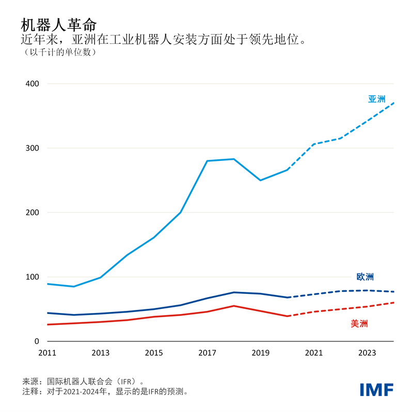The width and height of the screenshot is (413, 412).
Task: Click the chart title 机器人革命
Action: click(x=58, y=25)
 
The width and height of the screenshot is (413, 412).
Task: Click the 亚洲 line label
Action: click(x=376, y=99)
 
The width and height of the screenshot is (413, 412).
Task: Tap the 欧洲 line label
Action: click(x=365, y=277)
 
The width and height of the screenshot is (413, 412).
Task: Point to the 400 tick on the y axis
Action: click(x=32, y=84)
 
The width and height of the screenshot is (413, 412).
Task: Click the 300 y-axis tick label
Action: click(x=32, y=148)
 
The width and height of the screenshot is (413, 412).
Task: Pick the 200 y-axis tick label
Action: click(x=32, y=212)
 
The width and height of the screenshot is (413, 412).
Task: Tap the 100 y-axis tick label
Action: click(x=32, y=277)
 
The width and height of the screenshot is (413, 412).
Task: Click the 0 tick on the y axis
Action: click(x=37, y=341)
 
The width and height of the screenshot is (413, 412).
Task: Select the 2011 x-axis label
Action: click(x=47, y=353)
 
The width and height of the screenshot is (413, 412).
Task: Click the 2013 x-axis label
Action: click(x=100, y=353)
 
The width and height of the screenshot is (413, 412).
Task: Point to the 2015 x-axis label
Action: click(x=154, y=353)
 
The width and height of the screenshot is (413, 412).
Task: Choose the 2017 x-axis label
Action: click(x=207, y=353)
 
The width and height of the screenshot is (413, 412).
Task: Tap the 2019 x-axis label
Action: click(x=260, y=353)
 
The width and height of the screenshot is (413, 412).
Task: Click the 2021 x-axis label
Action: click(x=313, y=353)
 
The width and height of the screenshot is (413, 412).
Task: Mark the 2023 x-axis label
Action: click(x=367, y=353)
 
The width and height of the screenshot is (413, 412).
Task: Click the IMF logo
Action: click(x=376, y=389)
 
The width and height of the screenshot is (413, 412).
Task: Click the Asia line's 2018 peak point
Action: click(x=234, y=159)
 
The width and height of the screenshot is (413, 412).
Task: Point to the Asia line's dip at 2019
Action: click(x=260, y=180)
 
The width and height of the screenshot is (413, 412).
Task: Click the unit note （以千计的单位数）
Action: click(x=58, y=52)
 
